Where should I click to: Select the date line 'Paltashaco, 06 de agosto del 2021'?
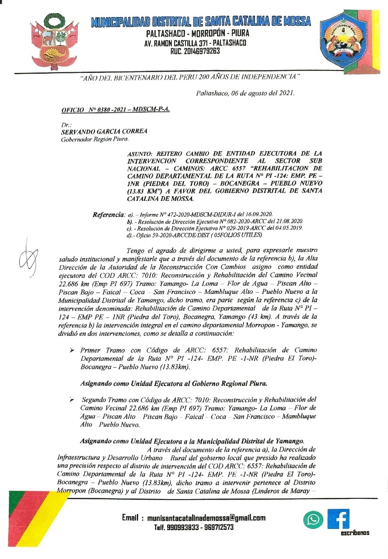pos(245,93)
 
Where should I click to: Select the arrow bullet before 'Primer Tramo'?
pos(72,350)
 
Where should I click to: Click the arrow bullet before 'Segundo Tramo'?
pos(72,400)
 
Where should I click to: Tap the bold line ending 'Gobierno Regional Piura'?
pos(174,384)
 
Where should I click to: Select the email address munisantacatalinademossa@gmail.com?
pos(206,518)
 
